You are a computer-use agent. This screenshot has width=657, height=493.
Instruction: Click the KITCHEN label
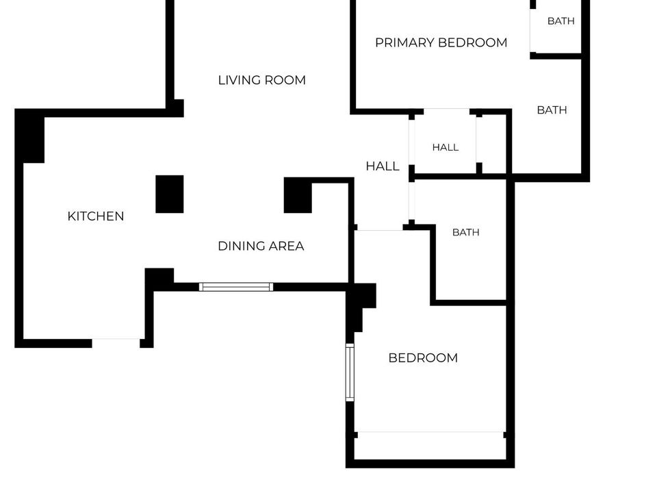(x=96, y=216)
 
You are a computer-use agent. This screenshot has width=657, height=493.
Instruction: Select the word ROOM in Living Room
(x=285, y=80)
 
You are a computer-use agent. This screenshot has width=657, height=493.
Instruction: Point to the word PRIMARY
(x=404, y=42)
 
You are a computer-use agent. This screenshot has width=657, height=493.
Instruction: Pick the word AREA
(x=286, y=246)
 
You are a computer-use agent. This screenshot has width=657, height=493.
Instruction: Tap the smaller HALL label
(x=446, y=148)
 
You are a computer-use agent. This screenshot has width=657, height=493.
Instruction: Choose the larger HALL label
(x=383, y=166)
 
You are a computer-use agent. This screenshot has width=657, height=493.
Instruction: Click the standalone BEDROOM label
(x=423, y=358)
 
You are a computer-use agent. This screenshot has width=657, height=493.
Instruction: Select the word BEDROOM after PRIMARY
(x=473, y=42)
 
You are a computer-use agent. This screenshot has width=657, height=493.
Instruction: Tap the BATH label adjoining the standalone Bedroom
(x=466, y=232)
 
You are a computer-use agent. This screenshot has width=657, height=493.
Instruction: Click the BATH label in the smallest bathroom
(x=561, y=21)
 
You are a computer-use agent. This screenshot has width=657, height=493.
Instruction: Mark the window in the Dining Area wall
(x=236, y=287)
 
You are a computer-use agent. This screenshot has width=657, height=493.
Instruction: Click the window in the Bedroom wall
(x=350, y=372)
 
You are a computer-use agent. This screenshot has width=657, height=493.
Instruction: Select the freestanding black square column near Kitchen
(x=170, y=194)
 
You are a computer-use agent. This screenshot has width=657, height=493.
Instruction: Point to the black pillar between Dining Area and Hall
(x=298, y=195)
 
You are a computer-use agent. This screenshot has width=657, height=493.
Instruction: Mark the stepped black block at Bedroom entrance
(x=361, y=302)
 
